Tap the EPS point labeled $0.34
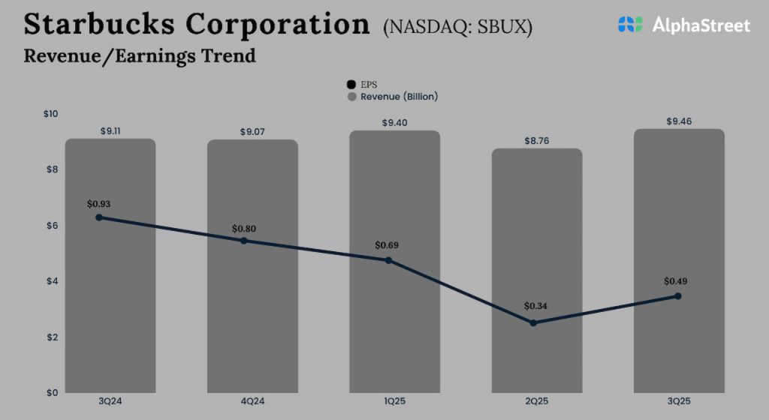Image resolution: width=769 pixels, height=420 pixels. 533,322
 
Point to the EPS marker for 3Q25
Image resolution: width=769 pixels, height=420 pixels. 677,296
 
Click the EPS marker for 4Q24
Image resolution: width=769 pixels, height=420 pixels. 244,241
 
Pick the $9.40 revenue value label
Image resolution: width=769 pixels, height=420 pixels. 394,122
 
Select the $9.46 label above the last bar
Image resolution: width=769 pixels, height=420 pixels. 680,121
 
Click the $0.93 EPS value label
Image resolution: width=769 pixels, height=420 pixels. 98,203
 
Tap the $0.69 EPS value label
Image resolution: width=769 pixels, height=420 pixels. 388,245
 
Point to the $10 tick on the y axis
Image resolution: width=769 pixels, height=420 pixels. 51,114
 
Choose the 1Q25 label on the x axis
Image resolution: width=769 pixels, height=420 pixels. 394,403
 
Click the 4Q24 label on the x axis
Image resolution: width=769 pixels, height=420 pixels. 252,403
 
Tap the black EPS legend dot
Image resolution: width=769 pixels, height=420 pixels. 351,85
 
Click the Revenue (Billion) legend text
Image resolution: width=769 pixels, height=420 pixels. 399,97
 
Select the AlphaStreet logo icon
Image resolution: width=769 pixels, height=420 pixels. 631,25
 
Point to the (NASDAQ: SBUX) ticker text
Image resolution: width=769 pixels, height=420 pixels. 457,28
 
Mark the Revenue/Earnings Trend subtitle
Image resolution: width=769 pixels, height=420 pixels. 140,56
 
